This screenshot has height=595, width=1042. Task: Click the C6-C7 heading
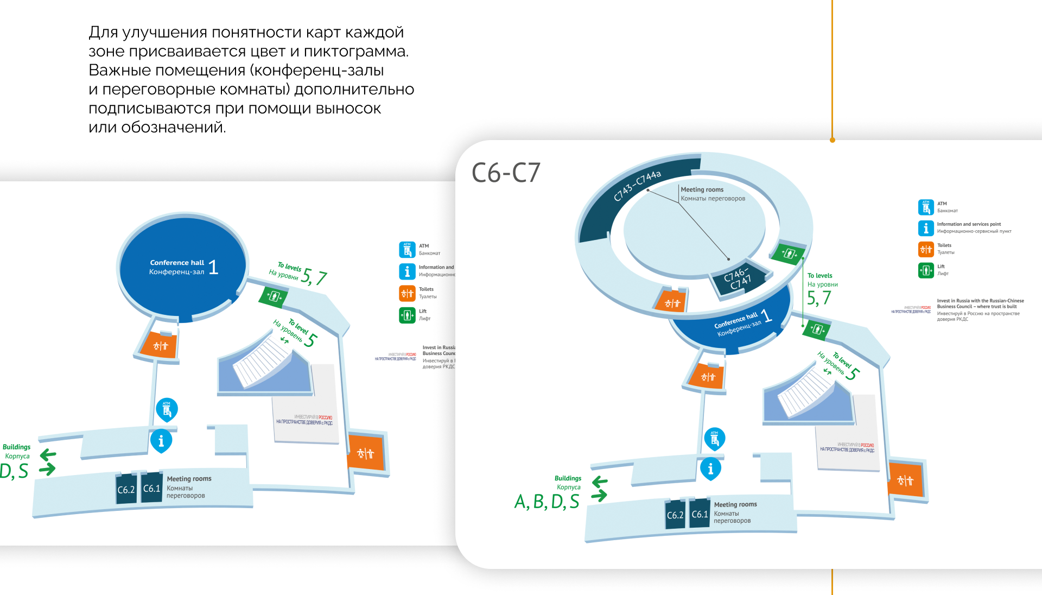(x=506, y=173)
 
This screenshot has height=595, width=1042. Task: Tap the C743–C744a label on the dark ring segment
(x=637, y=185)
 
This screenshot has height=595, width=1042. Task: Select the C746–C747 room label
(x=738, y=278)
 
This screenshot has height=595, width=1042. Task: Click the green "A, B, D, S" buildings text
(x=547, y=502)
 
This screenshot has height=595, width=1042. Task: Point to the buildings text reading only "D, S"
(x=14, y=471)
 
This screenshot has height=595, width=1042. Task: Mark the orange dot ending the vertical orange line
(x=832, y=140)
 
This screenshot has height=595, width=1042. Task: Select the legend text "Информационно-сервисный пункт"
(x=974, y=231)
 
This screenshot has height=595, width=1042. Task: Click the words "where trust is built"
(x=997, y=307)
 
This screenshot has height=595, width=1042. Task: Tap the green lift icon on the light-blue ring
(x=789, y=254)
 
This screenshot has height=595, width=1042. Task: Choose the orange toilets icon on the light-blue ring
(x=672, y=303)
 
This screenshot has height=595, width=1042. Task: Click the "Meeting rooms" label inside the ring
(x=702, y=189)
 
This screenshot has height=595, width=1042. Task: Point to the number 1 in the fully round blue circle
(x=213, y=267)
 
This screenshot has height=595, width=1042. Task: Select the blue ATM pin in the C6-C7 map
(x=714, y=439)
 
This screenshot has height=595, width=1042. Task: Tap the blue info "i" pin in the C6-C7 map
(x=710, y=469)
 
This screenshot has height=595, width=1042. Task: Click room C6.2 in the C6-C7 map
(x=675, y=515)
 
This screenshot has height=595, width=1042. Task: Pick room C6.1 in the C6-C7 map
(x=700, y=514)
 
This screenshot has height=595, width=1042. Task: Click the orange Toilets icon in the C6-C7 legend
(x=925, y=249)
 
